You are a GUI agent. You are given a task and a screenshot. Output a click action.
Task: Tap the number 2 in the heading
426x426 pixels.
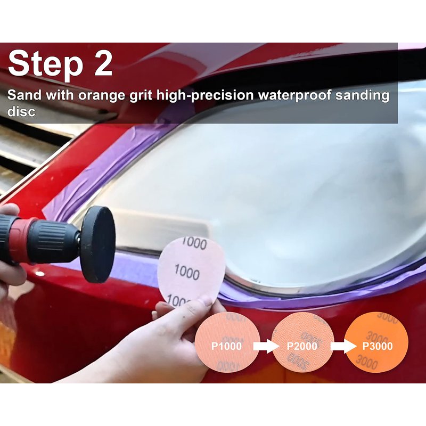point(103,63)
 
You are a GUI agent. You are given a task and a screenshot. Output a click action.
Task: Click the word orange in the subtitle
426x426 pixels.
point(101,96)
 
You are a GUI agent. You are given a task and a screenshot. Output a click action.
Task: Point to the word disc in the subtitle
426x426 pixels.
point(21,111)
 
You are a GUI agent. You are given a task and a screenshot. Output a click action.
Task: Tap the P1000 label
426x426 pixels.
point(226,346)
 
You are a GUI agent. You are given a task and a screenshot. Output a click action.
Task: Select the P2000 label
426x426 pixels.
point(302,346)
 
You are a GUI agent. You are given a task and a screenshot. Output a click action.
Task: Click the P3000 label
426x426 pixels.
point(378,346)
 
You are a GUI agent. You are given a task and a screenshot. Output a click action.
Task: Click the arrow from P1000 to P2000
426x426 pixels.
point(266,346)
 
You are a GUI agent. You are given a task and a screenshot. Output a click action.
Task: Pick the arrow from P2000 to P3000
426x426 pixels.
point(343,346)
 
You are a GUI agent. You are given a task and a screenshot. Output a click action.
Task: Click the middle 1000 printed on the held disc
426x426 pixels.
point(187,272)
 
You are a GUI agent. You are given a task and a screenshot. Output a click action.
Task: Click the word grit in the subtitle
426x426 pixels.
point(141,96)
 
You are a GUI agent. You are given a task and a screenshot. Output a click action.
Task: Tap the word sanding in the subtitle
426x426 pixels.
point(362,96)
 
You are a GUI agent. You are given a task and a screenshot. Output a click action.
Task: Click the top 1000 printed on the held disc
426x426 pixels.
point(194,243)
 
